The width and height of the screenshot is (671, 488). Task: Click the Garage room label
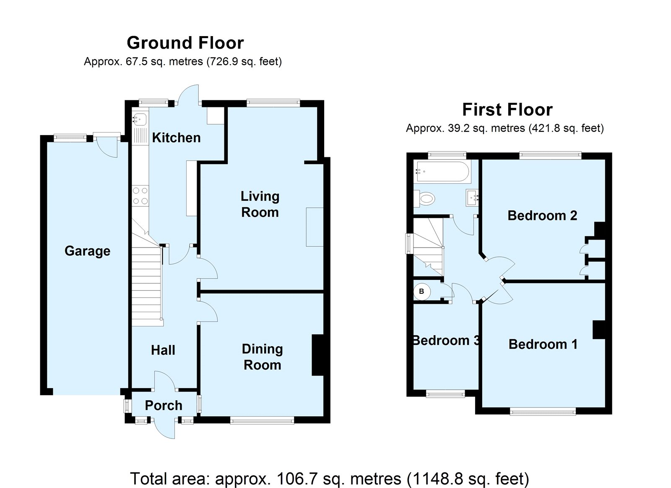[x=87, y=251]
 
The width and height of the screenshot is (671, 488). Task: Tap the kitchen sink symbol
[x=140, y=119]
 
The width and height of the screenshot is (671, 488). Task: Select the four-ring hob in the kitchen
[x=140, y=196]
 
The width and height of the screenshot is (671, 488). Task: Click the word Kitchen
[x=176, y=138]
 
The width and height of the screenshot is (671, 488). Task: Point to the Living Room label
[x=260, y=204]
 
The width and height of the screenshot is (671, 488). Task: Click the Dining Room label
[x=263, y=357]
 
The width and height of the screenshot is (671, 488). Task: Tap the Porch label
[x=164, y=405]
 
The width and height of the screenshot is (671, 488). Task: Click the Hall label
[x=163, y=350]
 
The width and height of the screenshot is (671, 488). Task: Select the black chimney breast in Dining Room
[x=318, y=355]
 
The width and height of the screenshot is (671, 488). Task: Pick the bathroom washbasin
[x=473, y=197]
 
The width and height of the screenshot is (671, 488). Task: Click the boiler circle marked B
[x=422, y=291]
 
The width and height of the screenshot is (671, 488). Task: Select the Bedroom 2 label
[x=542, y=215]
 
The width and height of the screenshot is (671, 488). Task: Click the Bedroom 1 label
[x=543, y=344]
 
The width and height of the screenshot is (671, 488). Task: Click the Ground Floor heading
[x=185, y=43]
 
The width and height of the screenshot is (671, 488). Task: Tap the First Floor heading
[x=507, y=110]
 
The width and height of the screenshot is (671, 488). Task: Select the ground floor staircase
[x=147, y=285]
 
